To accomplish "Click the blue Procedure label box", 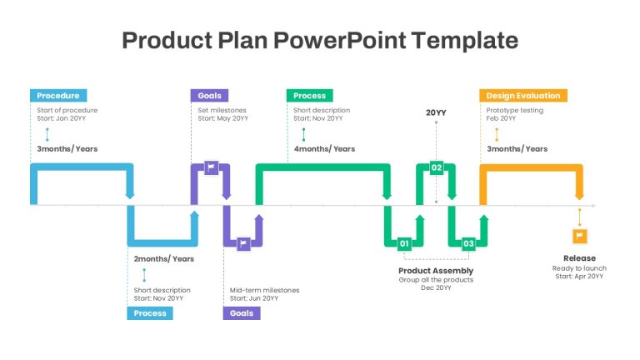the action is click(58, 96).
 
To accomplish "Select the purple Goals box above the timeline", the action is click(209, 96).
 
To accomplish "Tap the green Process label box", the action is click(309, 96).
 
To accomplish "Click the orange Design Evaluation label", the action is click(523, 96).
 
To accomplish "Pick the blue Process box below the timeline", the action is click(150, 313).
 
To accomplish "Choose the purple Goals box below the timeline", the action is click(242, 313).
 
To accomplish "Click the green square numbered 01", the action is click(404, 243).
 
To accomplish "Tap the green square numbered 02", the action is click(437, 167).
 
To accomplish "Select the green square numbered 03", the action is click(468, 243).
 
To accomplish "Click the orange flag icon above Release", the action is click(580, 236).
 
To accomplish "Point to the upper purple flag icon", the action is click(211, 167).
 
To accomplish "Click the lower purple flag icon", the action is click(243, 243).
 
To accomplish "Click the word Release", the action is click(580, 258).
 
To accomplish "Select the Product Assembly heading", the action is click(436, 271).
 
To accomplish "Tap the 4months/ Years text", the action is click(324, 149).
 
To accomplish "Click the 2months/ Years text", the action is click(164, 259).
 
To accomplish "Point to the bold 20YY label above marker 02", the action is click(436, 112).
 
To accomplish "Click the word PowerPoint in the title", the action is click(340, 40).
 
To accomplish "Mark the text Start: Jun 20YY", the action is click(254, 298).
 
